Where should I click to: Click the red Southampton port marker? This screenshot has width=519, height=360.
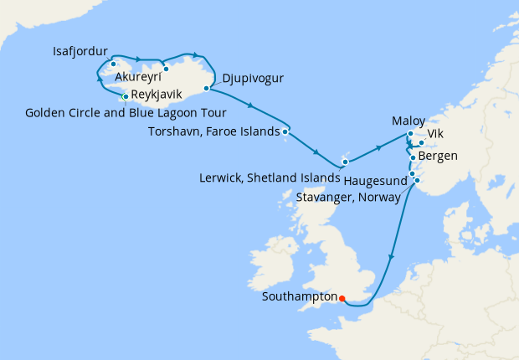tap(342, 296)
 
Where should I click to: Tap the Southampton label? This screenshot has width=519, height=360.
tap(300, 296)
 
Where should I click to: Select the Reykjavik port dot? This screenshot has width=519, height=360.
tap(126, 96)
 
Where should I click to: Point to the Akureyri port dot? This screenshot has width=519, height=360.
tap(167, 69)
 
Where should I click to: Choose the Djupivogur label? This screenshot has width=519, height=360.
tap(253, 80)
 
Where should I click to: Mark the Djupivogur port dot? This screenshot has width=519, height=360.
tap(206, 87)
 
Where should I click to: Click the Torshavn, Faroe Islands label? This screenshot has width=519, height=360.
tap(213, 131)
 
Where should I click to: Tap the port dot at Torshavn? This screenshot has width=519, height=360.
tap(285, 131)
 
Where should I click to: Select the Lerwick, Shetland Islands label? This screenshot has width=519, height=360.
tap(269, 177)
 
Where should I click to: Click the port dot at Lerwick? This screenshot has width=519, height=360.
tap(344, 160)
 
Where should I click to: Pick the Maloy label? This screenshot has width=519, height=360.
tap(409, 121)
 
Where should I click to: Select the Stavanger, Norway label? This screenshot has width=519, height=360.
tap(349, 197)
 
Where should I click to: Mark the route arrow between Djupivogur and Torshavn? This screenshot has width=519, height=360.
tap(252, 105)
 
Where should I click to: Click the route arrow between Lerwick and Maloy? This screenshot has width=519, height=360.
tap(378, 148)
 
